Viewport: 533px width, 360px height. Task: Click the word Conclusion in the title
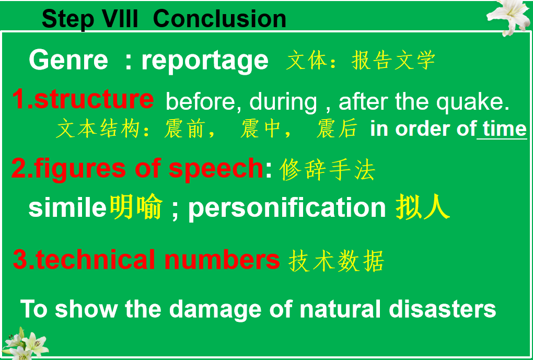(x=219, y=19)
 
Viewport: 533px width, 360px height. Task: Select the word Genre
(x=68, y=60)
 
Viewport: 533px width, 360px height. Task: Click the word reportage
(x=205, y=61)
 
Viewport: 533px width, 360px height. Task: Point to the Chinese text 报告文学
(x=393, y=61)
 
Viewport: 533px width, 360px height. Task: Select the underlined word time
(x=504, y=129)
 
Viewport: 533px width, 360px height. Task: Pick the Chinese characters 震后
(x=337, y=129)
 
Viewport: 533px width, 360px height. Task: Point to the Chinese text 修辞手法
(x=328, y=170)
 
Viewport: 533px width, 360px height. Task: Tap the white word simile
(x=67, y=208)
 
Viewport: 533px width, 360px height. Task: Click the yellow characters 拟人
(x=423, y=207)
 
